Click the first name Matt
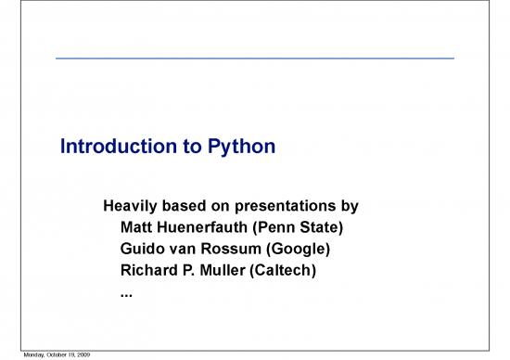coord(137,227)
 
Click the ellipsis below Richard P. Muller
coord(126,296)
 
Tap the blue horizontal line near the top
coord(255,58)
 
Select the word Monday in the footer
coord(13,355)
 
